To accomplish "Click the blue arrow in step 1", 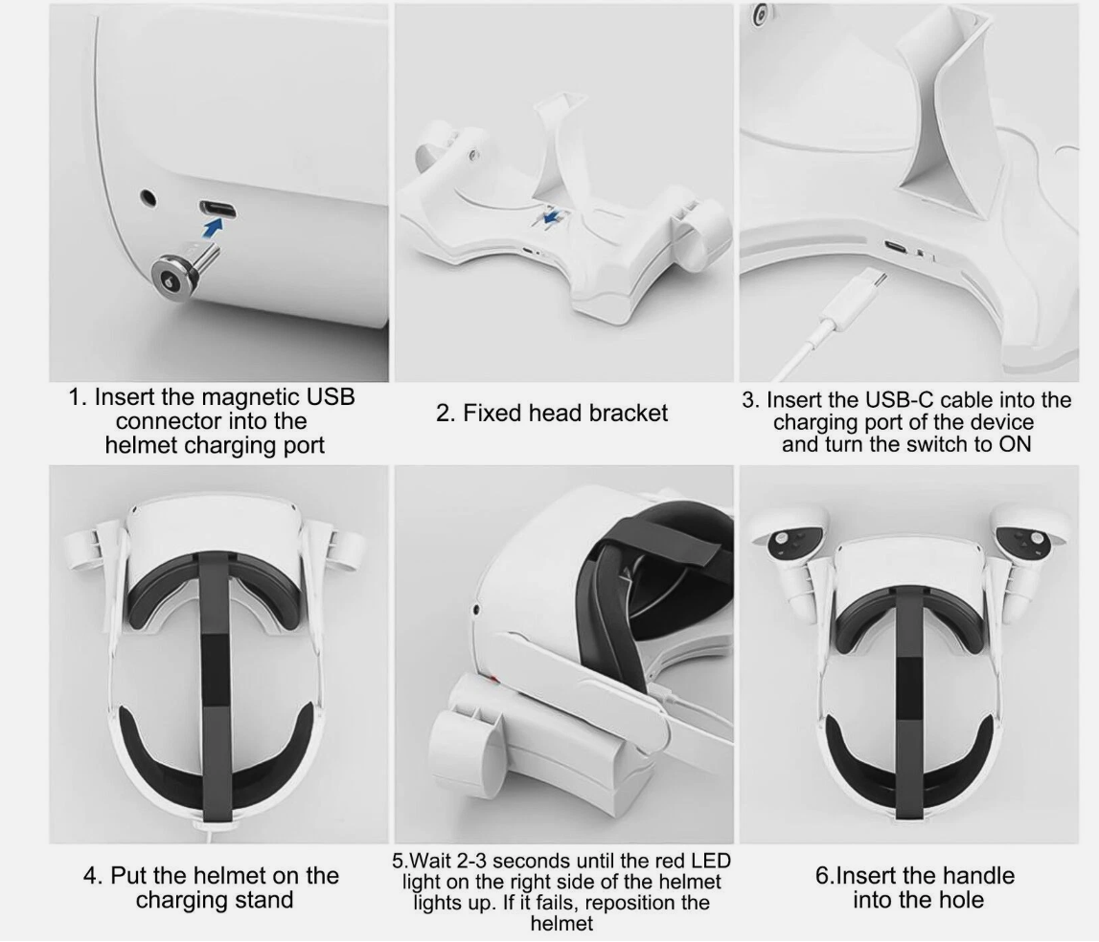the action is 213,228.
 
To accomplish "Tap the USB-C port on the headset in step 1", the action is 218,210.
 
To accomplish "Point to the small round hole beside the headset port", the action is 148,198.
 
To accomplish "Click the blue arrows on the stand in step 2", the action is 552,215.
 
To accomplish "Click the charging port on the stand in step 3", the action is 895,246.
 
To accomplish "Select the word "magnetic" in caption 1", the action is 233,396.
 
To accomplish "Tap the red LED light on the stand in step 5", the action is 494,679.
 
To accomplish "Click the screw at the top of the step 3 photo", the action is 759,14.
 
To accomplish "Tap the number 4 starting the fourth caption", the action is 89,875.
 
